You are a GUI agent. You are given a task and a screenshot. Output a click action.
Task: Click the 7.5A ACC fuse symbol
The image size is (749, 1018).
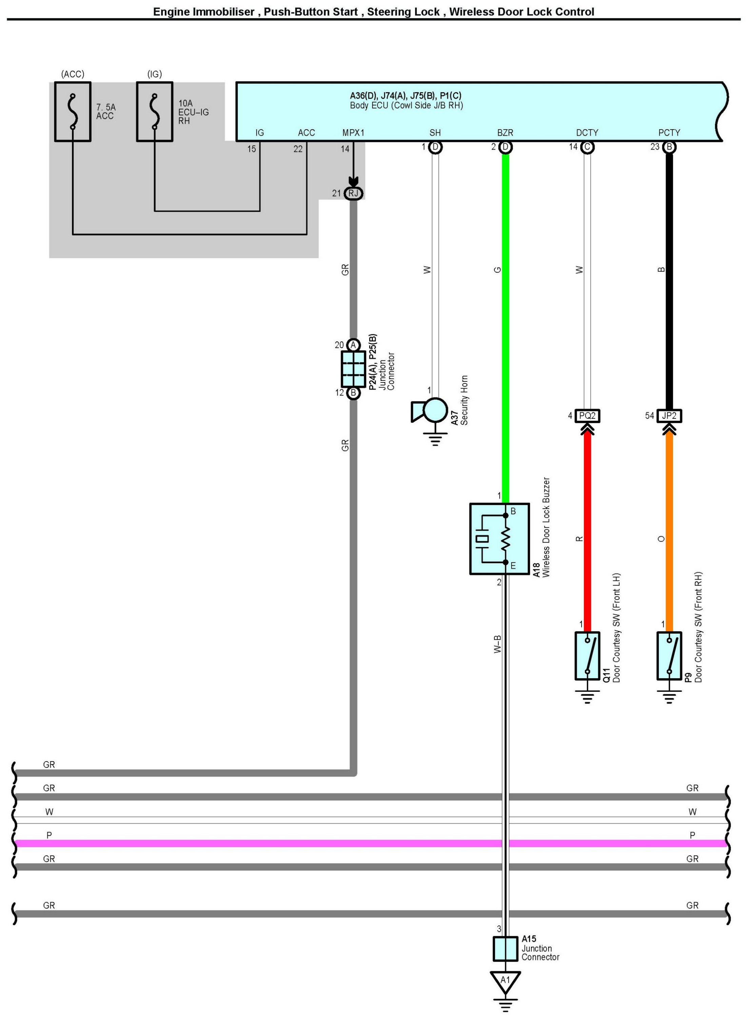click(73, 112)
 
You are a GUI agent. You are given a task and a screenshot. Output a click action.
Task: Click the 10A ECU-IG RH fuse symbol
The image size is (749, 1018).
click(155, 112)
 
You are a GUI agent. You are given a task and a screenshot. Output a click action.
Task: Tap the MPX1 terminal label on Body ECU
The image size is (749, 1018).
click(353, 132)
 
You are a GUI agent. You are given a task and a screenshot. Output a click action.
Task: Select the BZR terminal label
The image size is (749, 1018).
click(505, 132)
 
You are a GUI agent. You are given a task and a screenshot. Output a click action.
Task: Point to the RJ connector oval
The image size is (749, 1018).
click(353, 194)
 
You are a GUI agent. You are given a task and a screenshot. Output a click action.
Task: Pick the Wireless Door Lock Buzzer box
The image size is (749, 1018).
click(499, 539)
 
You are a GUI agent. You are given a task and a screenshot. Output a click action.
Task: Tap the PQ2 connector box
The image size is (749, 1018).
click(587, 416)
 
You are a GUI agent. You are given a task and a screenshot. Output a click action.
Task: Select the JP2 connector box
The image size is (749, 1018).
click(669, 416)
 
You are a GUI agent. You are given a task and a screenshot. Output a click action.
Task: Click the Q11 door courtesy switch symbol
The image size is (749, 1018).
click(587, 656)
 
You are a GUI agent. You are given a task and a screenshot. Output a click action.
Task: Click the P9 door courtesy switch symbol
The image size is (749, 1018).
click(669, 656)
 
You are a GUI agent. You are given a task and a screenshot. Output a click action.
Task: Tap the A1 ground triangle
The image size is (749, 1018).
click(505, 980)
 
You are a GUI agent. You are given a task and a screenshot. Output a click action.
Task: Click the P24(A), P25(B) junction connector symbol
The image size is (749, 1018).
click(353, 369)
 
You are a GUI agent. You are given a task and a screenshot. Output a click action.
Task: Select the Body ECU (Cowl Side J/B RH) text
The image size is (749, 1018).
click(406, 106)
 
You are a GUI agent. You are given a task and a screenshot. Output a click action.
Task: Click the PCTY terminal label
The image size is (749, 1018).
click(669, 132)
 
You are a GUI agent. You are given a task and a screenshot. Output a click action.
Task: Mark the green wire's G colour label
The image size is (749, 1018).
click(497, 270)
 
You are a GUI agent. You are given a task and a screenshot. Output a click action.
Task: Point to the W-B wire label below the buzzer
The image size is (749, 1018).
click(497, 644)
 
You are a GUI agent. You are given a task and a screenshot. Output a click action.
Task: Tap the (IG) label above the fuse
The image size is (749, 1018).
click(155, 74)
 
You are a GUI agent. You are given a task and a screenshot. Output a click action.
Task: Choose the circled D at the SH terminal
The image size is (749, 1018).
click(435, 147)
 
